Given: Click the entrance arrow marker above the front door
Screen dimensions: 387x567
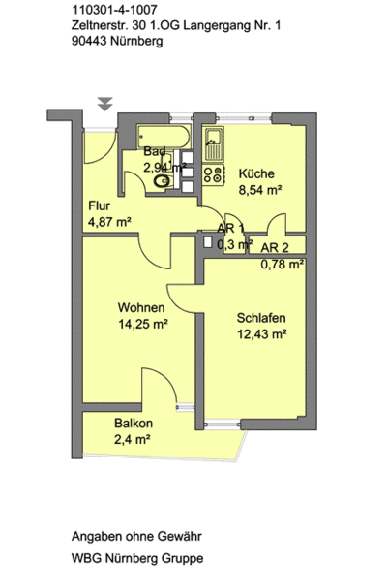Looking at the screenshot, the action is pyautogui.click(x=105, y=104).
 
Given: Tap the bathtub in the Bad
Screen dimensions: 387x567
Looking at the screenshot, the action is pyautogui.click(x=164, y=137).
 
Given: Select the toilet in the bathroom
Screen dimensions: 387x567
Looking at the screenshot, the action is pyautogui.click(x=164, y=180).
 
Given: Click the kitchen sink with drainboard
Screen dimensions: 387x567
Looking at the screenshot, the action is pyautogui.click(x=215, y=143).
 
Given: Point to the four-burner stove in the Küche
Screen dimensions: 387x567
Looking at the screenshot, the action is pyautogui.click(x=214, y=174).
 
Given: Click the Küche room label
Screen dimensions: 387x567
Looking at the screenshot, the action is pyautogui.click(x=256, y=173).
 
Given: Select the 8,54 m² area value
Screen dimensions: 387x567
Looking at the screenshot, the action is pyautogui.click(x=260, y=189).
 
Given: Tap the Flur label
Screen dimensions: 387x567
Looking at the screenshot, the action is pyautogui.click(x=100, y=205).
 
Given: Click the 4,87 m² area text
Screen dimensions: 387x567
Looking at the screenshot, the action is pyautogui.click(x=109, y=221).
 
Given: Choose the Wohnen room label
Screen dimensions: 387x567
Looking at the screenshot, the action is pyautogui.click(x=141, y=307).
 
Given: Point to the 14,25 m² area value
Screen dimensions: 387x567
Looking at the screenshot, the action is pyautogui.click(x=143, y=324).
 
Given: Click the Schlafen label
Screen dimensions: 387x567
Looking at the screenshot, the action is pyautogui.click(x=261, y=318).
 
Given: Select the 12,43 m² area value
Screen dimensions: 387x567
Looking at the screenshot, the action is pyautogui.click(x=262, y=334).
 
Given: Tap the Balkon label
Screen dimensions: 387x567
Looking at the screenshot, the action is pyautogui.click(x=134, y=424).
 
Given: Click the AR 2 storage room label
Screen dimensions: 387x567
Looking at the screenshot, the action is pyautogui.click(x=275, y=248).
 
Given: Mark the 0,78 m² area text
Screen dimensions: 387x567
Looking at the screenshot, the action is pyautogui.click(x=282, y=265).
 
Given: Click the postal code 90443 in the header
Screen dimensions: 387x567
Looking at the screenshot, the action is pyautogui.click(x=89, y=41).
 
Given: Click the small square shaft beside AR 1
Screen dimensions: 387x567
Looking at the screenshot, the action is pyautogui.click(x=208, y=242).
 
